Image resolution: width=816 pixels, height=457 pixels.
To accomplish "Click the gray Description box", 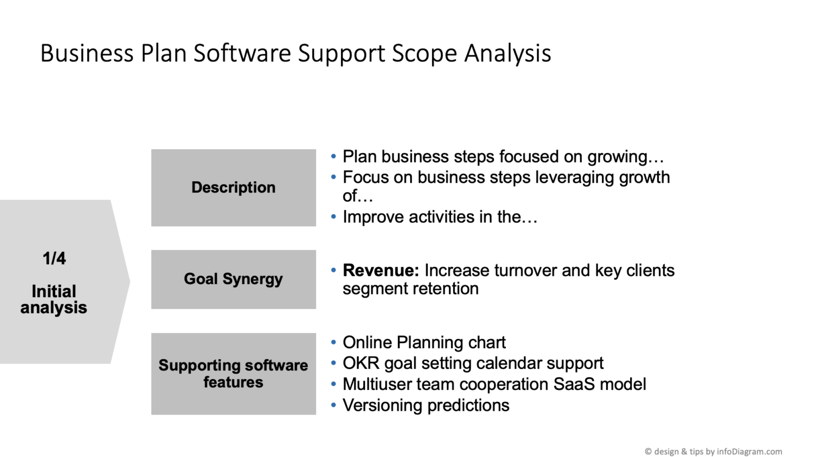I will (x=233, y=188).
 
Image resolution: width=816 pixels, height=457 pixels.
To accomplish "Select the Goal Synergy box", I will (x=233, y=279).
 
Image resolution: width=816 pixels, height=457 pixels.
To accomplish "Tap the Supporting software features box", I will (x=233, y=374).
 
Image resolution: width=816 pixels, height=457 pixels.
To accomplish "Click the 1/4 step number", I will (x=54, y=259).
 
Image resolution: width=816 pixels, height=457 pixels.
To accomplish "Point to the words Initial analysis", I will (x=54, y=299).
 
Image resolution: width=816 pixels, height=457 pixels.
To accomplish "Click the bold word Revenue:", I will (x=380, y=270).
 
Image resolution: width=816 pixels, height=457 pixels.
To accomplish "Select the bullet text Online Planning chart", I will (x=424, y=342).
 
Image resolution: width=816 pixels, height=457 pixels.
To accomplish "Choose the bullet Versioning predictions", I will (x=426, y=405).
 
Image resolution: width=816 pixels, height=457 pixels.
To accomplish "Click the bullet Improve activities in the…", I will (x=440, y=217).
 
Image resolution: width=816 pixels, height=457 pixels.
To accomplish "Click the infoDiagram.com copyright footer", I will (x=713, y=451).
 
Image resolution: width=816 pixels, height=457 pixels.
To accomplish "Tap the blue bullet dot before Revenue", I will (x=334, y=270).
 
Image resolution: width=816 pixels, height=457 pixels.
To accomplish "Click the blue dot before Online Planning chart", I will (x=334, y=342).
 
